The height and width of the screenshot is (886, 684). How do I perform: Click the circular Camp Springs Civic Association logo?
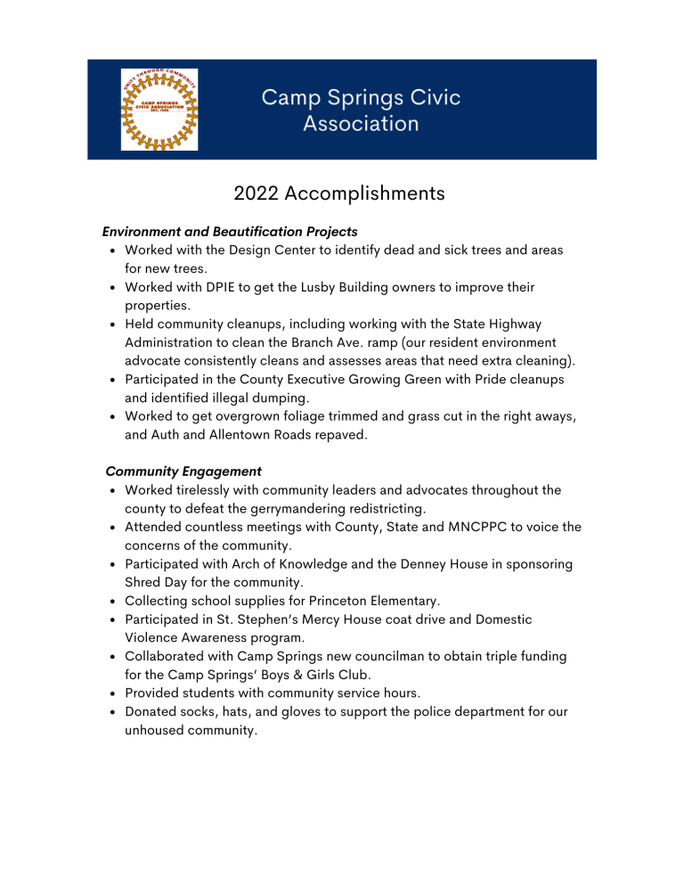click(159, 110)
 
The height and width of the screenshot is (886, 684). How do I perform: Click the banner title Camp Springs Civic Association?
click(361, 110)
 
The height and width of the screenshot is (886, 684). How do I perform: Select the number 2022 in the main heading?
click(260, 193)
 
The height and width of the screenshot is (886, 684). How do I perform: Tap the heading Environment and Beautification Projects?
click(230, 232)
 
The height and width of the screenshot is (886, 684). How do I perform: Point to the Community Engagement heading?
click(183, 471)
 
